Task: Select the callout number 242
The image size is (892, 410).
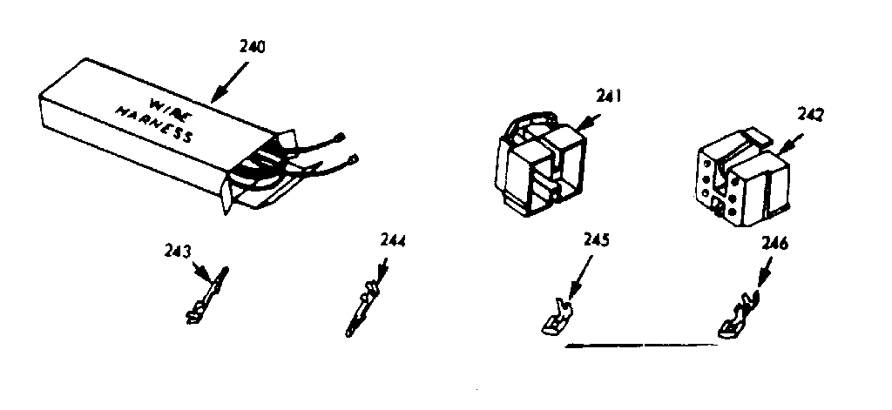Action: point(811,114)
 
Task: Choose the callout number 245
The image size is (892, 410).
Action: point(596,239)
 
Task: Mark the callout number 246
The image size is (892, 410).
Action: point(774,245)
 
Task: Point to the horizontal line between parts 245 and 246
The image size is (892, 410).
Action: point(642,345)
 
